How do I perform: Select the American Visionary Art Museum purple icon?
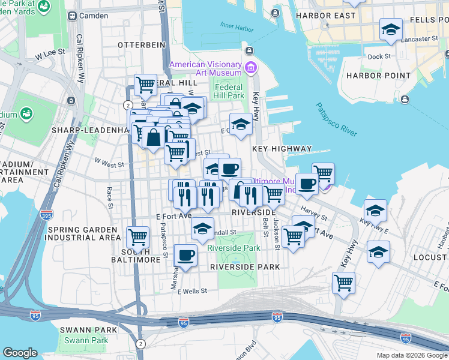pyautogui.click(x=250, y=65)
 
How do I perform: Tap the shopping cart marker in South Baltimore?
pyautogui.click(x=137, y=236)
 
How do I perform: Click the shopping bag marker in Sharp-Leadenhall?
pyautogui.click(x=154, y=136)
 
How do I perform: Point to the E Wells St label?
pyautogui.click(x=187, y=290)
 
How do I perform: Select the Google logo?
pyautogui.click(x=20, y=353)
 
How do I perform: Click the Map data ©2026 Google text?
pyautogui.click(x=412, y=355)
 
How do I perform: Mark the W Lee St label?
pyautogui.click(x=49, y=54)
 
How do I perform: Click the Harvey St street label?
pyautogui.click(x=314, y=212)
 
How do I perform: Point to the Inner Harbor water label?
pyautogui.click(x=234, y=25)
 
